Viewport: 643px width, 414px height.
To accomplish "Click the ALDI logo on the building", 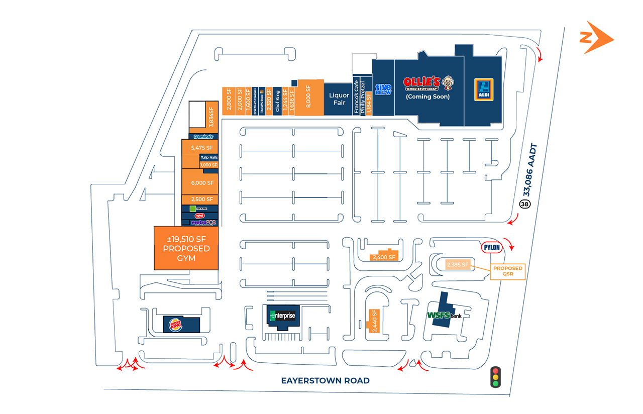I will coord(483,89).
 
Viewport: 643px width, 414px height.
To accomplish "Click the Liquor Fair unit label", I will coord(339,98).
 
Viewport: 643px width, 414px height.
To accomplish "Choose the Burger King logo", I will coord(176,325).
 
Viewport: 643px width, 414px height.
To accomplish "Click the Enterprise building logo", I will coord(283,316).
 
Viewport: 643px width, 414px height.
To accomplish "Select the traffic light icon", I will coord(496,376).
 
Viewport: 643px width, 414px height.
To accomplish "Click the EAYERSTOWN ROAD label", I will coord(325,380).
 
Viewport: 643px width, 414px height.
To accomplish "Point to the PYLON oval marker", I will coord(493,247).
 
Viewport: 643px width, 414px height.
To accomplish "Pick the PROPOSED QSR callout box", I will coord(507,271).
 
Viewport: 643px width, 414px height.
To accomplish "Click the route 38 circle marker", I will coord(524,204).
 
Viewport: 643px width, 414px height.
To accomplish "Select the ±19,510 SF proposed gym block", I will coord(186,248).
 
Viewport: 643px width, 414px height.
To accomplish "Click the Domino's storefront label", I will coord(204,137).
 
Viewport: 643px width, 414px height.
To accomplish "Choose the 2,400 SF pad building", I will coord(384,257).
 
